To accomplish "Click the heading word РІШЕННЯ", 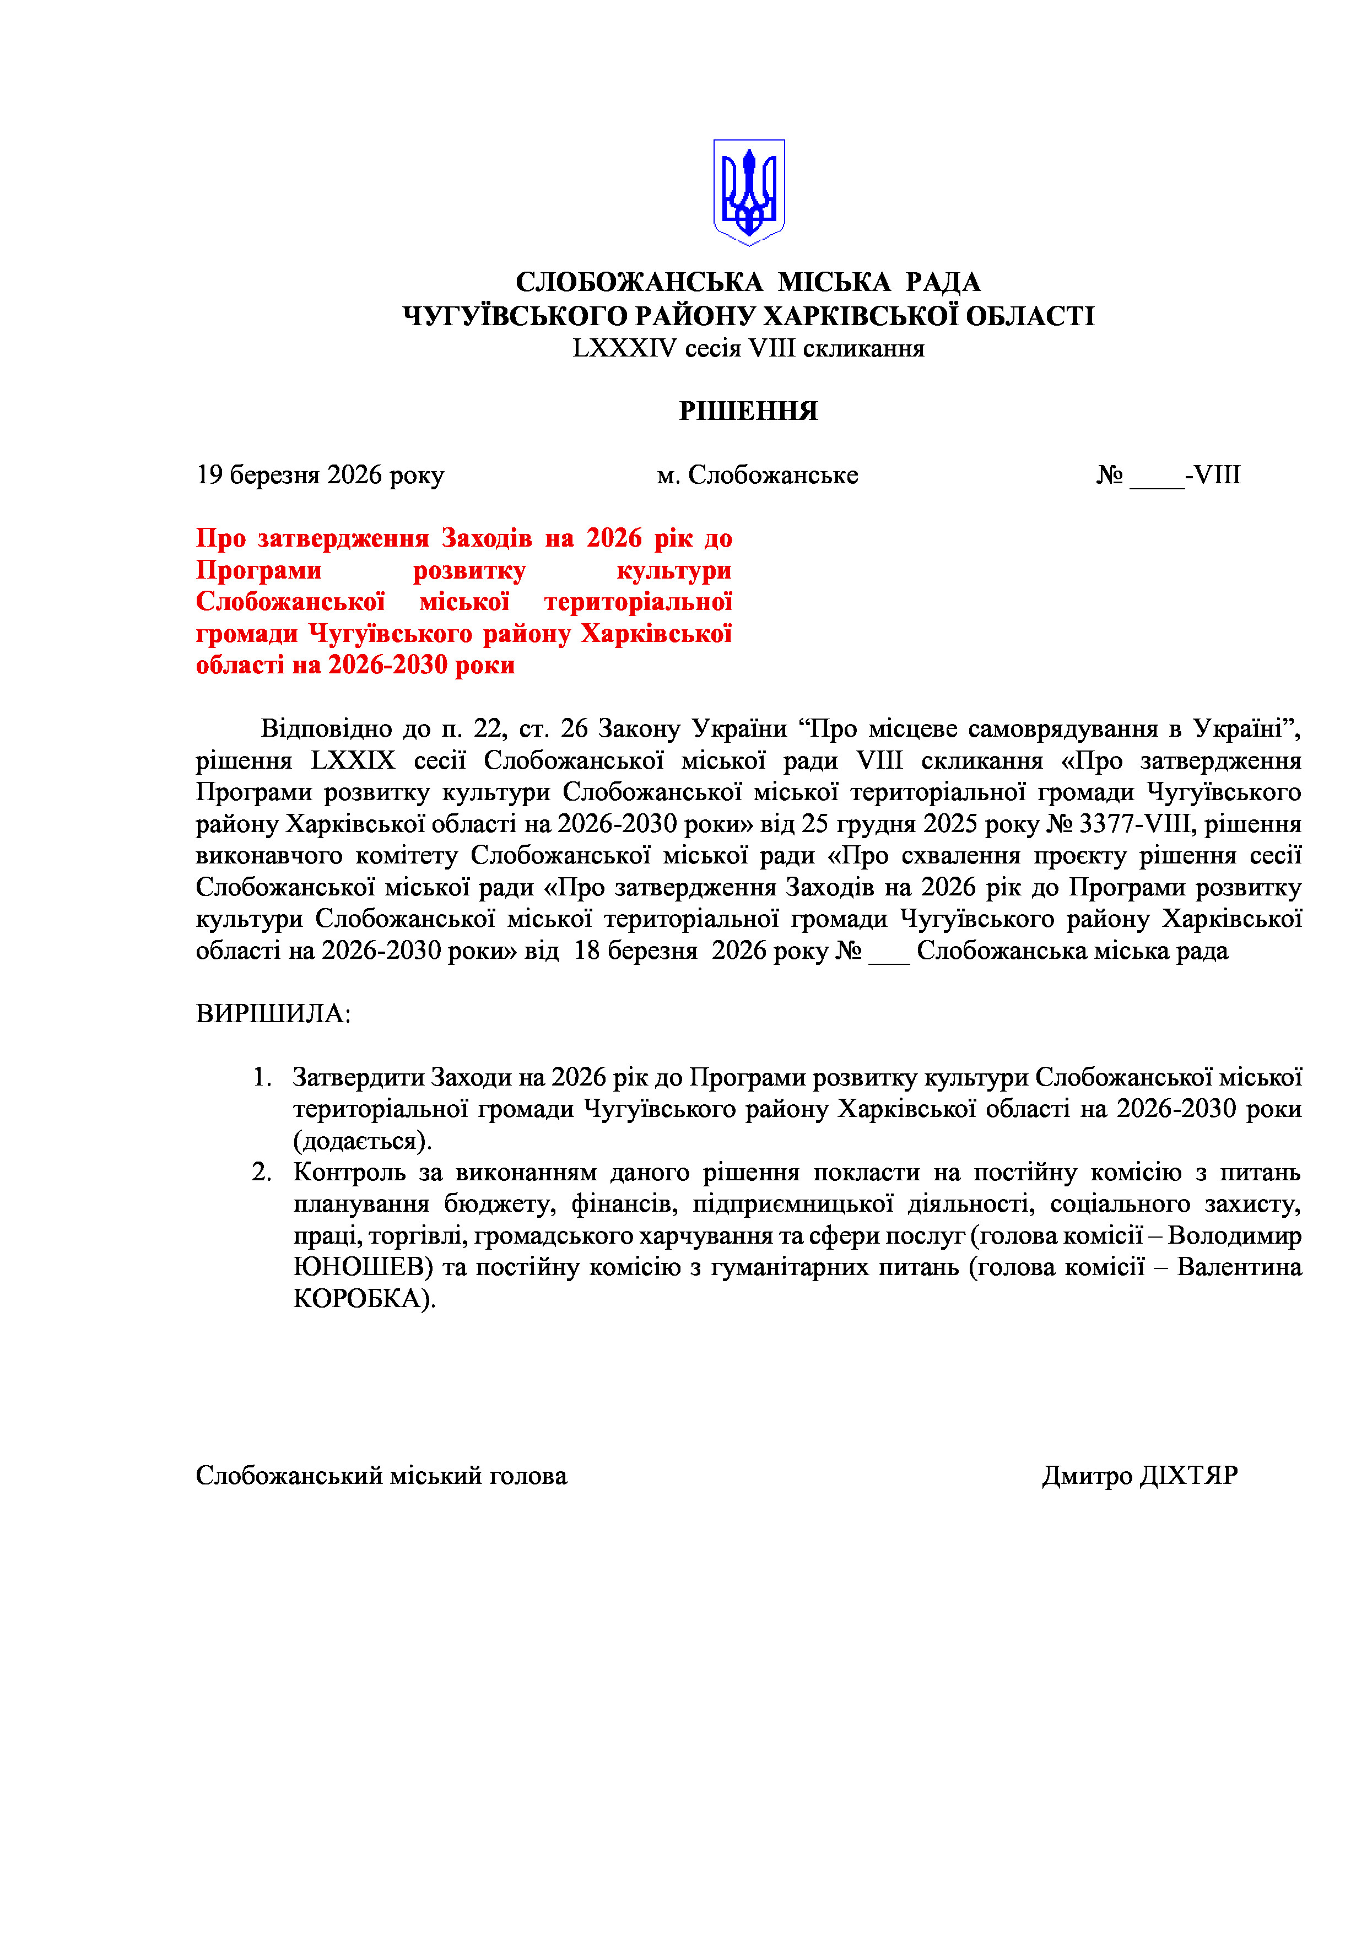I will (748, 411).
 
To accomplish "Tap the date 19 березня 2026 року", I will (320, 475).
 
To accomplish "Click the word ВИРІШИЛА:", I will (273, 1014).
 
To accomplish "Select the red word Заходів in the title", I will (487, 538).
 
